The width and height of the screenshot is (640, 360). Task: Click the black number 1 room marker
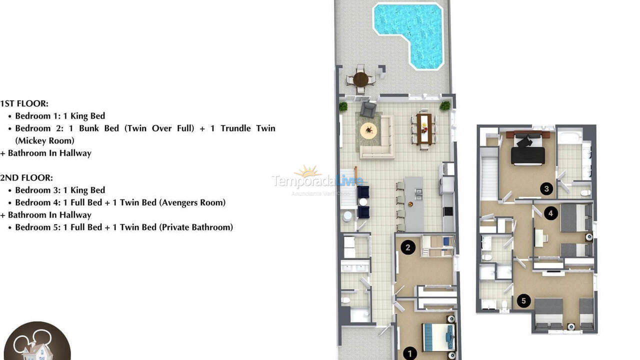click(x=409, y=353)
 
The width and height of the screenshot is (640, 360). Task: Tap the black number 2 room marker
click(x=408, y=247)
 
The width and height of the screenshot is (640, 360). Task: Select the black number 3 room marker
click(x=546, y=188)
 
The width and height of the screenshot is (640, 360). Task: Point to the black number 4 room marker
click(x=550, y=213)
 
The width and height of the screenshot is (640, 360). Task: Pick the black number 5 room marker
click(x=523, y=300)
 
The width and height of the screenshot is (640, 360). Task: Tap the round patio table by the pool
click(x=360, y=79)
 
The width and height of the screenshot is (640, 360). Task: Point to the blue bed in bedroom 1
click(x=439, y=337)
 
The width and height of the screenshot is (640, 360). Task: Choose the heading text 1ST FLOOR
click(x=24, y=103)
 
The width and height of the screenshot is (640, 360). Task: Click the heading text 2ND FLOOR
click(x=26, y=177)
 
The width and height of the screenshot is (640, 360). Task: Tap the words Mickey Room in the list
click(x=44, y=140)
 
